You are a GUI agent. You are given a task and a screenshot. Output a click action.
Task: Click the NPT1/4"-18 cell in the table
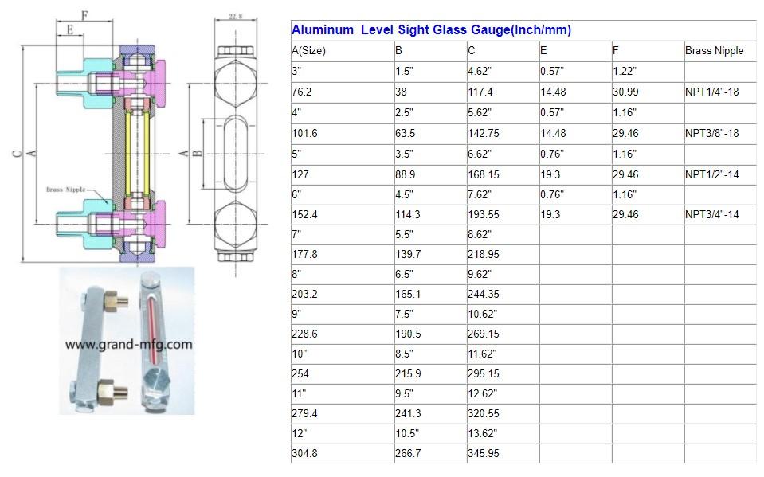(x=711, y=92)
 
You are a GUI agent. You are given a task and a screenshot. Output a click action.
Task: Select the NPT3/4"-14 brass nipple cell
(x=711, y=215)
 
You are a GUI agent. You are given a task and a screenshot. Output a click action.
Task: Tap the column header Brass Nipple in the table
(x=714, y=51)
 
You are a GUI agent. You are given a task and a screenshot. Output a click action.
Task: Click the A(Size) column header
(x=309, y=51)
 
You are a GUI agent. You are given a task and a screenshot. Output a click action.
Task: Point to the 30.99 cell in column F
(x=625, y=92)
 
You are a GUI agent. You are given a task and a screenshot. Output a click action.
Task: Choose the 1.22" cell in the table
(x=625, y=72)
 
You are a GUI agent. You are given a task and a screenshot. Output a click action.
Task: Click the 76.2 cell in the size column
(x=302, y=92)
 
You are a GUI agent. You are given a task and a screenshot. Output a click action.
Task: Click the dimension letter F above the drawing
(x=84, y=14)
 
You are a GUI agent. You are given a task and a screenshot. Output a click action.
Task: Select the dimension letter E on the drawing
(x=71, y=31)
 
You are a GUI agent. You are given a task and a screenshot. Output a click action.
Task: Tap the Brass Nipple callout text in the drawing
(x=65, y=190)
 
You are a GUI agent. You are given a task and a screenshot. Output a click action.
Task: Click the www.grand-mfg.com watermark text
(x=127, y=345)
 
